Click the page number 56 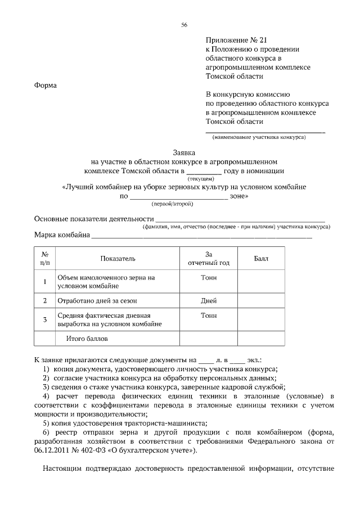coord(184,24)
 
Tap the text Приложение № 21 coord(235,40)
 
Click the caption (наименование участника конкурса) coord(259,137)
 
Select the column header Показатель coord(118,259)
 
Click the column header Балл coord(262,259)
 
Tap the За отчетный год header coord(209,259)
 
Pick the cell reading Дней coord(209,301)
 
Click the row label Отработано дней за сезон coord(97,301)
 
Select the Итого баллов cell coord(87,339)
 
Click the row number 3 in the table coord(44,320)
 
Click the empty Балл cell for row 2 coord(262,301)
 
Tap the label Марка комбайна coord(62,235)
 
